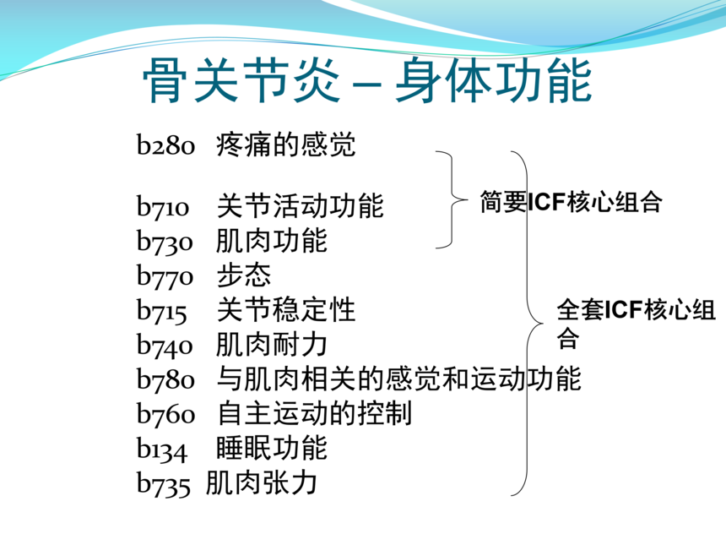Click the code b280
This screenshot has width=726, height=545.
click(x=165, y=144)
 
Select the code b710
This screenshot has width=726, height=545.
click(x=163, y=206)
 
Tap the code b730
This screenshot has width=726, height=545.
click(x=165, y=241)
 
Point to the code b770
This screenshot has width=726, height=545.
click(x=165, y=275)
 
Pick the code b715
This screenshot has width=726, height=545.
click(x=161, y=310)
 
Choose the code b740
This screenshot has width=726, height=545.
click(x=165, y=345)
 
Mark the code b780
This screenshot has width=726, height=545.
click(x=165, y=379)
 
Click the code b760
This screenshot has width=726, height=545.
click(x=165, y=413)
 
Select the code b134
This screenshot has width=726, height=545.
click(x=161, y=449)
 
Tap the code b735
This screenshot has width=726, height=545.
click(x=164, y=483)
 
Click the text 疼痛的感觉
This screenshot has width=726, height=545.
click(x=285, y=144)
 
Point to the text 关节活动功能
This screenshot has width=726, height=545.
click(x=300, y=206)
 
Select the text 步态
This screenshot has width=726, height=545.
click(x=243, y=275)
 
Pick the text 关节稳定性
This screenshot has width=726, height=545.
click(x=285, y=309)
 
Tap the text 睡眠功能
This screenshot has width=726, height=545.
click(x=272, y=448)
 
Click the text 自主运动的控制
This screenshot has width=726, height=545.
click(x=314, y=413)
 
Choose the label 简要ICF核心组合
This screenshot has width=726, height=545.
click(x=571, y=202)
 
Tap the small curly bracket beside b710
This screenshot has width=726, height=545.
click(x=452, y=199)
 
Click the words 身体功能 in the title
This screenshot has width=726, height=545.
click(x=494, y=80)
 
